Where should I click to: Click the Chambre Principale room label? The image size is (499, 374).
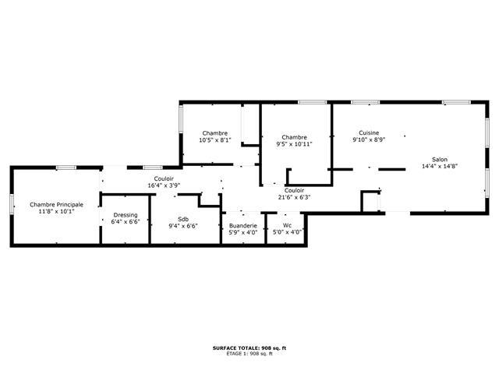tap(57, 204)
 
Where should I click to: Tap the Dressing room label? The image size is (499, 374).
tap(126, 215)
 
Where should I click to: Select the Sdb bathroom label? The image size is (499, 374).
tap(183, 219)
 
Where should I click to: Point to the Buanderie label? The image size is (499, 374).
tap(242, 225)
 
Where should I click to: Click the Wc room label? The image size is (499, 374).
tap(287, 225)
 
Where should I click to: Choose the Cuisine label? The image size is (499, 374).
tap(369, 132)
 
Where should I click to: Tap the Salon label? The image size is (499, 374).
tap(440, 159)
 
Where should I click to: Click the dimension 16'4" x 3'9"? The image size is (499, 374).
tap(164, 185)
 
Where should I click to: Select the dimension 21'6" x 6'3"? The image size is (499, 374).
tap(294, 197)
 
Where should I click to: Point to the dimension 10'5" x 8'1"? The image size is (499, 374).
tap(215, 140)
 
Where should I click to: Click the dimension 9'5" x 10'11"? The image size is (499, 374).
tap(294, 144)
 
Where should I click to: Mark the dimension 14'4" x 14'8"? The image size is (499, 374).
tap(440, 166)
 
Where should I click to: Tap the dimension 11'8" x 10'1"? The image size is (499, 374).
tap(57, 211)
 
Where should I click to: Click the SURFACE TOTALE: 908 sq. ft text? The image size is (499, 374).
tap(249, 348)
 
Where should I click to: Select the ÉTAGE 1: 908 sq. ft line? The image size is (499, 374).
tap(249, 353)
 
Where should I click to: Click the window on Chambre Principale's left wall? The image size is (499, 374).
tap(12, 204)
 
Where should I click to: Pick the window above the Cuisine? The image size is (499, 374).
tap(366, 102)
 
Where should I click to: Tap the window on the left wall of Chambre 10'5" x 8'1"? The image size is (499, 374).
tap(181, 119)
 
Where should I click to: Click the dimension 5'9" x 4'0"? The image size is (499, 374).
tap(242, 232)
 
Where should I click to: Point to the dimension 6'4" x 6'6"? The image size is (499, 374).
tap(126, 221)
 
